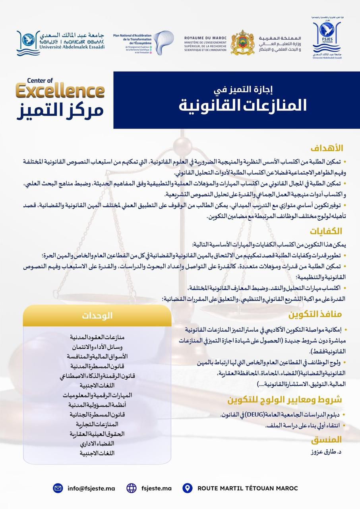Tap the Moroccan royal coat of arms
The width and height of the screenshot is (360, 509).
point(242,42)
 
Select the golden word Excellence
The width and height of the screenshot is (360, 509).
point(60,91)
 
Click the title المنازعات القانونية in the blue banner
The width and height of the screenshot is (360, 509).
point(243,105)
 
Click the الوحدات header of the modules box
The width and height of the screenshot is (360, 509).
point(97,316)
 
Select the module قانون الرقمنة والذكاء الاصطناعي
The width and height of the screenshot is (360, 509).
point(97,376)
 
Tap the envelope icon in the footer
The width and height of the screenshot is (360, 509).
point(58,488)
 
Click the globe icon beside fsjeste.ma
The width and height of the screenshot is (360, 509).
point(132,488)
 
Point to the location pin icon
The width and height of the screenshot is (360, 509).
point(187,488)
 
